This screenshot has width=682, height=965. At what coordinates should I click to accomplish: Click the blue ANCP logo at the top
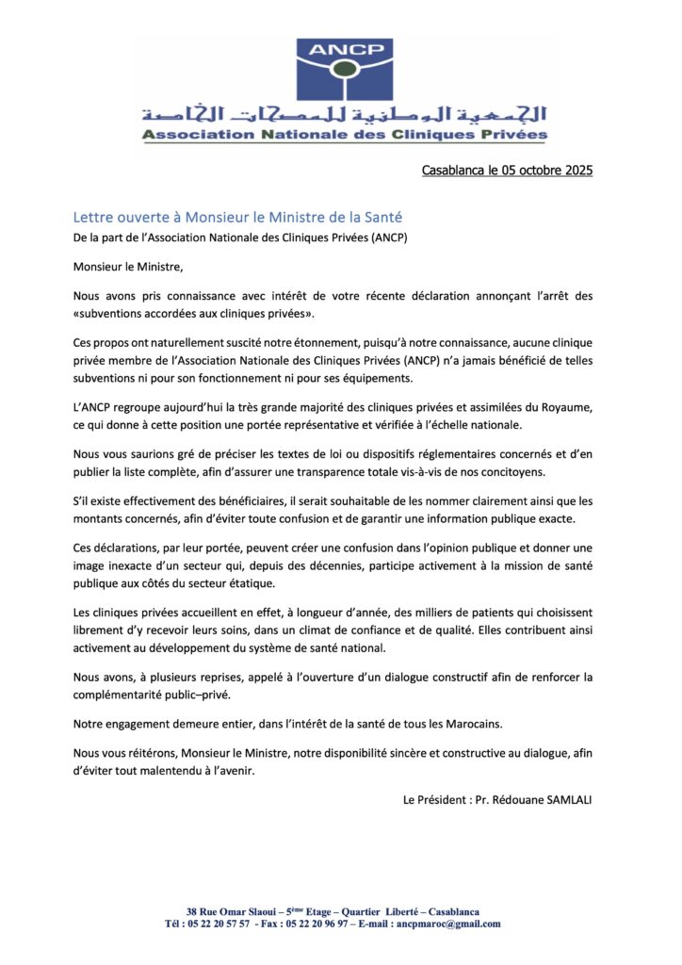click(345, 68)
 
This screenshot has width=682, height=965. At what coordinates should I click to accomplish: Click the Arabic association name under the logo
click(345, 115)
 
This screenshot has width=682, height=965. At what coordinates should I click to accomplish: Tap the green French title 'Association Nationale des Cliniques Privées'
click(345, 135)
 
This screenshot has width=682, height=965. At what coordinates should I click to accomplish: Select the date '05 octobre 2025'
click(546, 171)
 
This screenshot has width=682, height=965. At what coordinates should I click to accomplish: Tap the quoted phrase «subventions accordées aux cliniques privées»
click(194, 313)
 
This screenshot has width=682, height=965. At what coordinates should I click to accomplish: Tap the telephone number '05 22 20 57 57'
click(219, 924)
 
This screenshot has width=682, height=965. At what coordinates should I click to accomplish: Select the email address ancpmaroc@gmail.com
click(449, 924)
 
